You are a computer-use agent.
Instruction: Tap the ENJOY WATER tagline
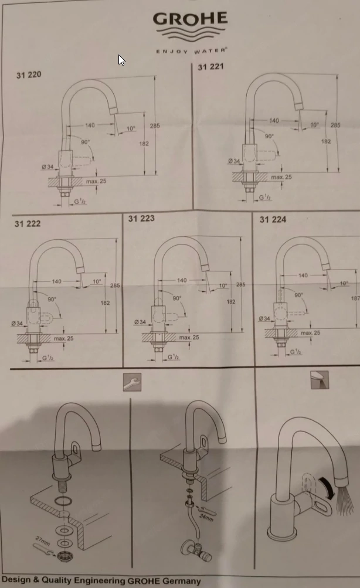(x=191, y=51)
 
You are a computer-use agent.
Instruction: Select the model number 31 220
(x=29, y=75)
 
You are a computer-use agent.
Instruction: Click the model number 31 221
(x=210, y=67)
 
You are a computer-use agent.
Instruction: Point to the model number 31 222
(x=28, y=223)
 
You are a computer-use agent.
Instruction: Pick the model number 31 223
(x=141, y=219)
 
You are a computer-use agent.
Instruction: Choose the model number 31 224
(x=273, y=219)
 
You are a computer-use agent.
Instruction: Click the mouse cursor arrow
(x=121, y=60)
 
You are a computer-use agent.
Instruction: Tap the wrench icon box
(x=132, y=383)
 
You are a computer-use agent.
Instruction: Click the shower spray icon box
(x=320, y=380)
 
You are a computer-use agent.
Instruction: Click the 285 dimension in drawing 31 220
(x=154, y=126)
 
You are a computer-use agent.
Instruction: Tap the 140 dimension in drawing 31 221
(x=274, y=121)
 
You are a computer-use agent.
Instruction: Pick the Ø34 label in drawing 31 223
(x=140, y=322)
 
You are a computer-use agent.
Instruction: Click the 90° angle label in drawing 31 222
(x=52, y=300)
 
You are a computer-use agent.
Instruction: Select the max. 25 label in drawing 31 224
(x=311, y=333)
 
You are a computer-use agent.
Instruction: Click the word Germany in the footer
(x=179, y=581)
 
